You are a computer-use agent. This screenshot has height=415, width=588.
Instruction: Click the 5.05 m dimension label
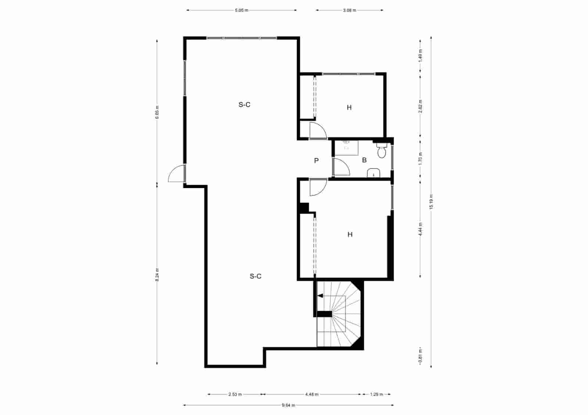[241, 10]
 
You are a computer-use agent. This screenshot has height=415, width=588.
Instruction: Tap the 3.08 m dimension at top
[349, 10]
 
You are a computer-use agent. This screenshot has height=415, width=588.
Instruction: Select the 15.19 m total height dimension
[431, 202]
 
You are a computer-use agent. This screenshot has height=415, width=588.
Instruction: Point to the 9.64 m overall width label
[288, 405]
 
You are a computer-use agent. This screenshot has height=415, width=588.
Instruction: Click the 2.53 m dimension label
[235, 394]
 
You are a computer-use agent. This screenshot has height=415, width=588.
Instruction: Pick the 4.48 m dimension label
[312, 394]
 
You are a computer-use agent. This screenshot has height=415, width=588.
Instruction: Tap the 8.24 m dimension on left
[157, 274]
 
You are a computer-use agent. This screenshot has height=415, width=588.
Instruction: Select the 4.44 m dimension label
[420, 229]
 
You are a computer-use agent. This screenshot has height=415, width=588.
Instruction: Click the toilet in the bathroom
[381, 151]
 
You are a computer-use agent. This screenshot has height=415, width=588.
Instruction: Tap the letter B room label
[364, 160]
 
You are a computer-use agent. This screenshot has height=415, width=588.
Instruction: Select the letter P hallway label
[316, 160]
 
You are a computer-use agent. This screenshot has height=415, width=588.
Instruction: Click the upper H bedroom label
[349, 108]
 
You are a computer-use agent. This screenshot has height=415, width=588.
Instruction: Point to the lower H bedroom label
[350, 234]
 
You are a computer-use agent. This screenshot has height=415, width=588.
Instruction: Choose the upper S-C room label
[244, 105]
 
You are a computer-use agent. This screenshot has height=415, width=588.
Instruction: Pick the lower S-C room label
[255, 276]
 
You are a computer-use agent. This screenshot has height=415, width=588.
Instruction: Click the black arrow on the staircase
[320, 295]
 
